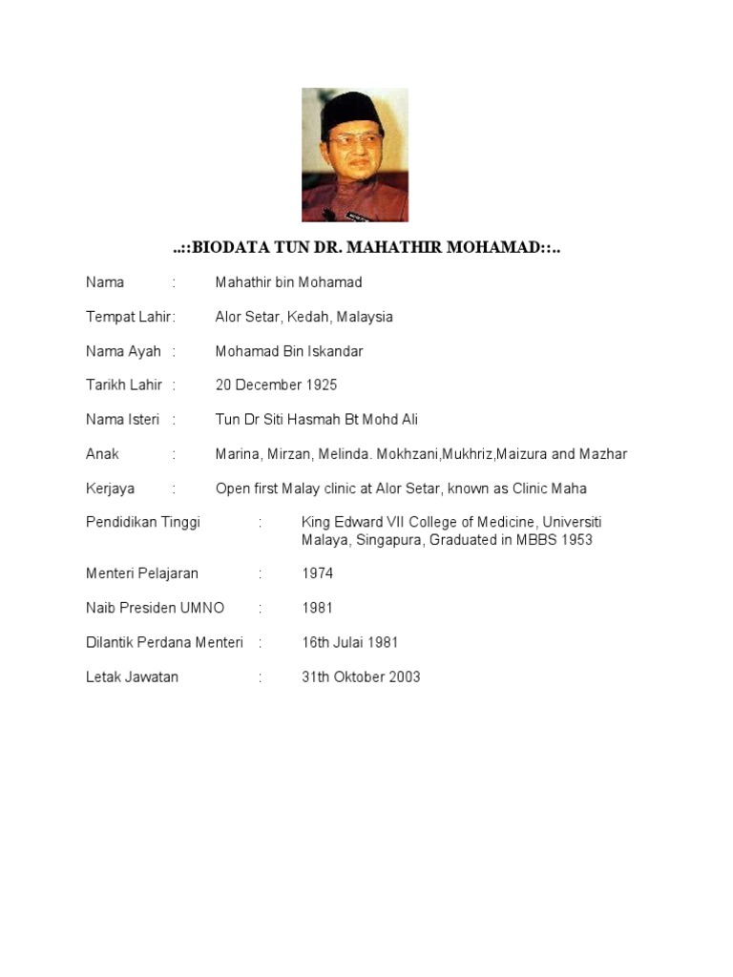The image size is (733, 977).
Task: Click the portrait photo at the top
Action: point(355,155)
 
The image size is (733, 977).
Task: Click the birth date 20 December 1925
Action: point(276,385)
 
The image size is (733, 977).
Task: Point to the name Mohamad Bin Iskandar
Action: point(289,351)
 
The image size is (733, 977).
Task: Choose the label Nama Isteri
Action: point(123,420)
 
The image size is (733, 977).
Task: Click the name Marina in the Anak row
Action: point(237,454)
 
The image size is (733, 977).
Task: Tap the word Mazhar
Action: point(604,454)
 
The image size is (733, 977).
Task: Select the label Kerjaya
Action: point(110,488)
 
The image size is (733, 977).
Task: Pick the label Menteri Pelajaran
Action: point(142,574)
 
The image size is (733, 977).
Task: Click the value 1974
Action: point(318,574)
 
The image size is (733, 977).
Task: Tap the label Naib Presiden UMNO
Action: point(155,609)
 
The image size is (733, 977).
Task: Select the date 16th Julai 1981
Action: point(350,643)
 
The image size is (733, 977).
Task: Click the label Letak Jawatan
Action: point(132,677)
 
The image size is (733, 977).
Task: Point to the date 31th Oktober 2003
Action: point(361,677)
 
